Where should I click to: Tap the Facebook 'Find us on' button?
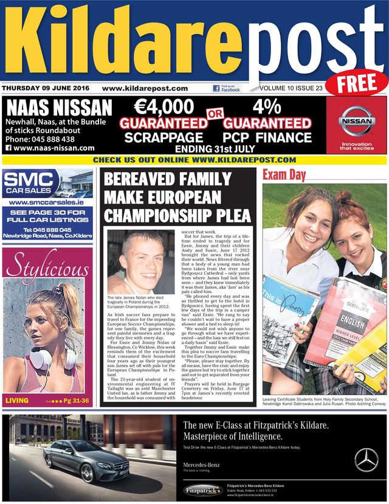point(226,89)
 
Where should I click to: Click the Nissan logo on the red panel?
point(356,120)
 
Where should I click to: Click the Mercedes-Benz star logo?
point(366,460)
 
